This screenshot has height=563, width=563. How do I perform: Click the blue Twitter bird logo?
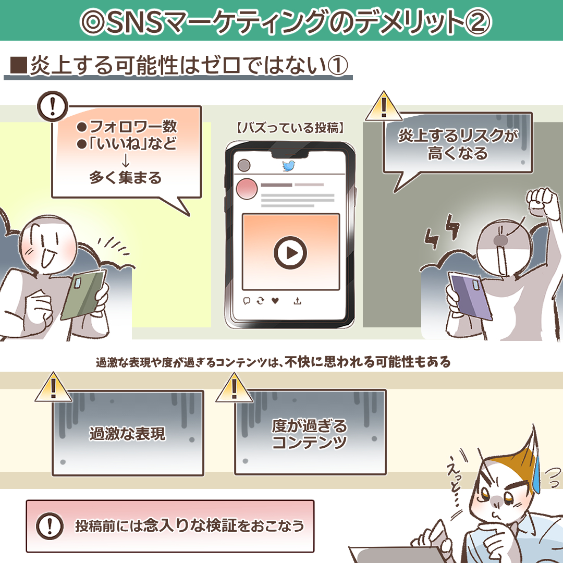pyautogui.click(x=289, y=166)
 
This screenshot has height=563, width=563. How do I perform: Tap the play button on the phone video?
pyautogui.click(x=290, y=253)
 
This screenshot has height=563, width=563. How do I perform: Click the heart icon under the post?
pyautogui.click(x=275, y=301)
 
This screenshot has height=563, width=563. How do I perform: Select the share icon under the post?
pyautogui.click(x=297, y=301)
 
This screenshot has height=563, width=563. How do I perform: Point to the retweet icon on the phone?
pyautogui.click(x=260, y=301)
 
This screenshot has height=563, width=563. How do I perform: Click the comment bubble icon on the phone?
pyautogui.click(x=247, y=301)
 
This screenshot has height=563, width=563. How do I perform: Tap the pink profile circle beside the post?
pyautogui.click(x=247, y=189)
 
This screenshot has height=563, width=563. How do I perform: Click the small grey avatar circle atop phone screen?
pyautogui.click(x=244, y=165)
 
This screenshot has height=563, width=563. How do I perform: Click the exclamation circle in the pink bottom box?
pyautogui.click(x=50, y=526)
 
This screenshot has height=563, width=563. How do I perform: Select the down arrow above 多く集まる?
pyautogui.click(x=126, y=161)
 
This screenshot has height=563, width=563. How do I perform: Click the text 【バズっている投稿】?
pyautogui.click(x=290, y=128)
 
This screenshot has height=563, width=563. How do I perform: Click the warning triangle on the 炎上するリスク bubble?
pyautogui.click(x=384, y=106)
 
